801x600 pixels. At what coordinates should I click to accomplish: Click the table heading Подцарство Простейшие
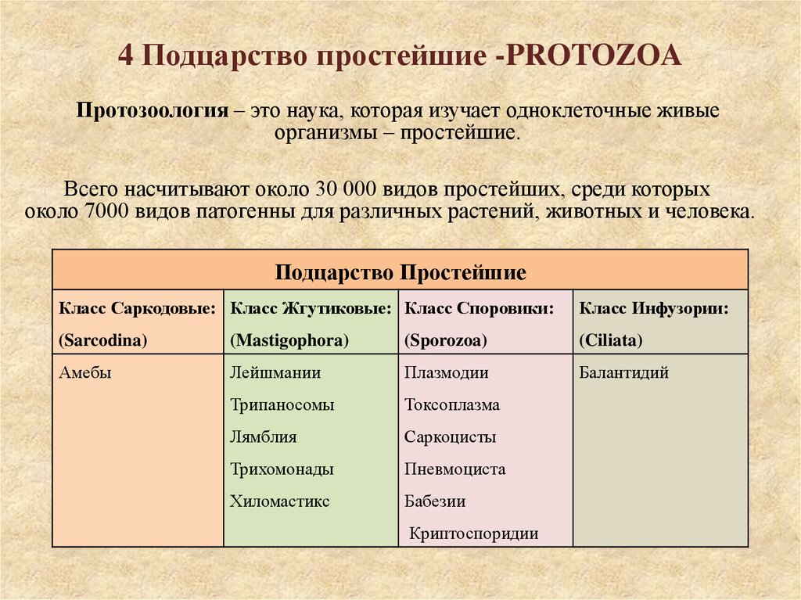click(x=400, y=273)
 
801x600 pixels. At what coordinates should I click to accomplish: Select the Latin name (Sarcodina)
click(x=103, y=340)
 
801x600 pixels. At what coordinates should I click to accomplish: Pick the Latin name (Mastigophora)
click(x=289, y=340)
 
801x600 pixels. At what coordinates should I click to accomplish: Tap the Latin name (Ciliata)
click(x=611, y=340)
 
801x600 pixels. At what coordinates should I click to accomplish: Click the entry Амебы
click(x=85, y=373)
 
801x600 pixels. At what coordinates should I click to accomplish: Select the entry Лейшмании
click(x=275, y=373)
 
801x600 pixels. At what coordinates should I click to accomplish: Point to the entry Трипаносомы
click(x=282, y=405)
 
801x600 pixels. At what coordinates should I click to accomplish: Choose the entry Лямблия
click(x=264, y=437)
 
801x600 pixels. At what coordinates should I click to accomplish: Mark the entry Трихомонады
click(x=282, y=469)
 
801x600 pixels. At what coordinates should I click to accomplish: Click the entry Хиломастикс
click(x=280, y=501)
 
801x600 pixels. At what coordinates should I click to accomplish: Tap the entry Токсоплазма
click(x=452, y=405)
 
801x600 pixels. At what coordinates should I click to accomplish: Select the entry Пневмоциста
click(x=455, y=469)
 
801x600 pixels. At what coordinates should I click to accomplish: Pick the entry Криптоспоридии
click(x=474, y=534)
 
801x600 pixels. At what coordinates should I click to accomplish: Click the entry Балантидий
click(x=624, y=373)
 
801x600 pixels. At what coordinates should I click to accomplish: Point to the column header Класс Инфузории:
click(x=654, y=309)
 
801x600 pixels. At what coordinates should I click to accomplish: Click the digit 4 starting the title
click(x=125, y=56)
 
